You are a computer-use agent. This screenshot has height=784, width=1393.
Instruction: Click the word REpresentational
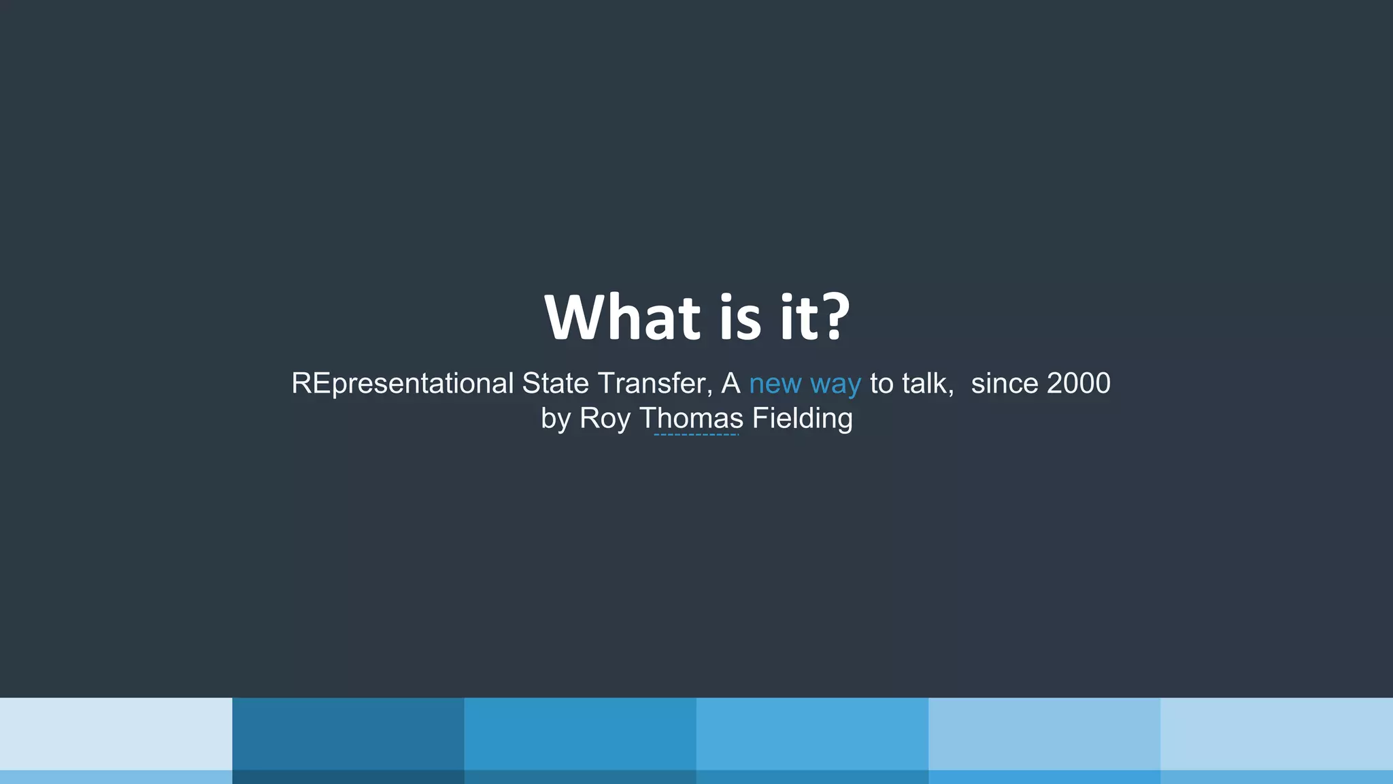pos(402,384)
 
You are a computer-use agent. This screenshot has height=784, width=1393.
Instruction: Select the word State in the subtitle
pos(555,384)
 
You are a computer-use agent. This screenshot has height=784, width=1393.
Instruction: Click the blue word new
pos(775,385)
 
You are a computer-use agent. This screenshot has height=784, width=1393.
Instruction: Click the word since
pos(1004,384)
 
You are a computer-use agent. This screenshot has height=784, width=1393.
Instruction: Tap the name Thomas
pos(692,419)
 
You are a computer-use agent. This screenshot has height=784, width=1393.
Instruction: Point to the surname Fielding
pos(802,419)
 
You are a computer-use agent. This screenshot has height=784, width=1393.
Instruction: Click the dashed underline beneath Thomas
pos(696,434)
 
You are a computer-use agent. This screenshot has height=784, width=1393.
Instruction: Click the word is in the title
pos(740,318)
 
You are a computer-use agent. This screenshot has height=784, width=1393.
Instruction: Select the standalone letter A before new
pos(731,384)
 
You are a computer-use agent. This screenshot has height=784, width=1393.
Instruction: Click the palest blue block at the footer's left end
pos(116,734)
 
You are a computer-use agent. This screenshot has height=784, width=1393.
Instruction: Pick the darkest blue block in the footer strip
pos(348,734)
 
